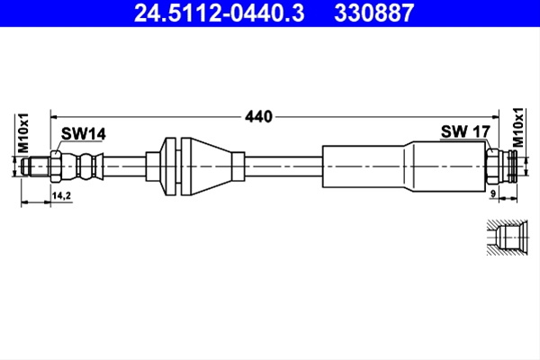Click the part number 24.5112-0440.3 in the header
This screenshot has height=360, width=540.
219,13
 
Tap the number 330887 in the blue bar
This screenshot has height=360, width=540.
373,13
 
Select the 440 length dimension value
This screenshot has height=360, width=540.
258,117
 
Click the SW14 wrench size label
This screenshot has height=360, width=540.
84,134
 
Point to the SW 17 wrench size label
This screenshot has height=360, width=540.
465,131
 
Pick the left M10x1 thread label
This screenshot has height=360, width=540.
23,133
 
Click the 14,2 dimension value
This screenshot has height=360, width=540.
61,195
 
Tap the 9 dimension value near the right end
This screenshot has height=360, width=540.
493,194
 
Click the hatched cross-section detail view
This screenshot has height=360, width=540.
507,238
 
